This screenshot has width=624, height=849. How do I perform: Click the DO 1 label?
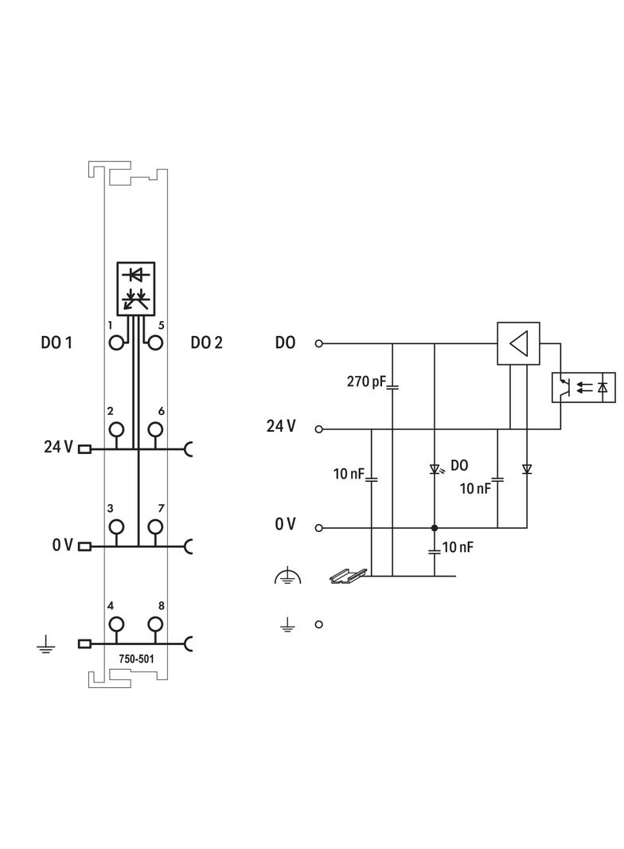(57, 343)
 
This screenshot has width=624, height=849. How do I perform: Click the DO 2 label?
(206, 343)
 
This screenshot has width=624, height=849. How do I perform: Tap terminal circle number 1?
(118, 342)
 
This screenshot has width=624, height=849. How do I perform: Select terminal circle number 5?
(155, 342)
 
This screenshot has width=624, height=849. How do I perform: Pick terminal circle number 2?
(118, 429)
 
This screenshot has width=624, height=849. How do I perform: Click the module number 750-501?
(136, 659)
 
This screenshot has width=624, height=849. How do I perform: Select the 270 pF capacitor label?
(366, 382)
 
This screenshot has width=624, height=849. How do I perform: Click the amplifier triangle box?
(518, 343)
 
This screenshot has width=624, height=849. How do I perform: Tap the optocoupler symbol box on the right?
(583, 387)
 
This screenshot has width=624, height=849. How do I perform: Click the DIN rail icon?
(348, 573)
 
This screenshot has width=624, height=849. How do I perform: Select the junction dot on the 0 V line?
(435, 527)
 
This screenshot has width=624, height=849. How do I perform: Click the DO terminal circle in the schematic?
(319, 343)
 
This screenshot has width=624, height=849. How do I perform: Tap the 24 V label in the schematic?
(281, 427)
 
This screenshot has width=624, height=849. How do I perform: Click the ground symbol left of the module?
(45, 644)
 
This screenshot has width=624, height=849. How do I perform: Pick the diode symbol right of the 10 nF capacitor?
(526, 469)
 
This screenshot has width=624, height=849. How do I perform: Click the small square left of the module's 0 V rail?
(84, 546)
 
